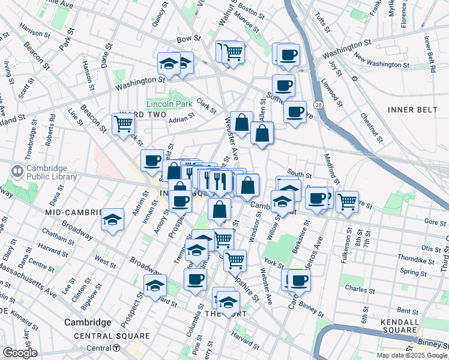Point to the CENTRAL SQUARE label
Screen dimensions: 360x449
pos(112,336)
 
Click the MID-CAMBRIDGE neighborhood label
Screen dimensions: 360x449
pos(71,212)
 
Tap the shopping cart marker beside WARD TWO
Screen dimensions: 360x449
pos(124,124)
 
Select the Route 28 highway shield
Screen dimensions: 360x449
pos(316,105)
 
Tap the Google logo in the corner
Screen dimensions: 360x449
pos(20,353)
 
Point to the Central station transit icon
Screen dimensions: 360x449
pos(117,348)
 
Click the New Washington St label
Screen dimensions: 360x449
pos(381,61)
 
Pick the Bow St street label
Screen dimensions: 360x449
pos(188,40)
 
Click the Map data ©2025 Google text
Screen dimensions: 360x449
pos(412,355)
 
